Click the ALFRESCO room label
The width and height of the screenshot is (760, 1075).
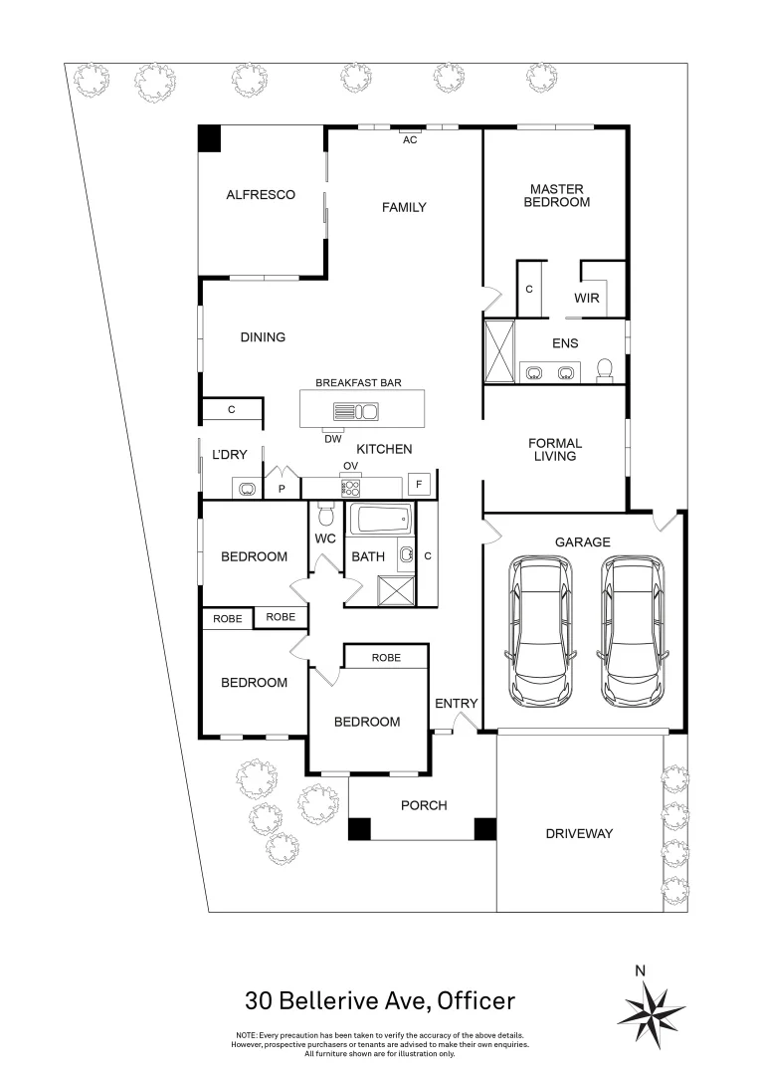(x=260, y=195)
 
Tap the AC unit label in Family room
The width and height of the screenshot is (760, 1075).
(x=409, y=140)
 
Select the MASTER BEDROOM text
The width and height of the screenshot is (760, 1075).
(x=557, y=195)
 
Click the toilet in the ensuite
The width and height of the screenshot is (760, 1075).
(x=603, y=370)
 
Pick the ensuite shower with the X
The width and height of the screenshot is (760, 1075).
(x=500, y=351)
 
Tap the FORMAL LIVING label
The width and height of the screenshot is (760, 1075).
(x=555, y=450)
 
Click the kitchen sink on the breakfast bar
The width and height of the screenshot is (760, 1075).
(x=355, y=410)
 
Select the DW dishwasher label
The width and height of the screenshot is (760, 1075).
(x=332, y=438)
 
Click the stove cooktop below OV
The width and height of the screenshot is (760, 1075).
(x=350, y=488)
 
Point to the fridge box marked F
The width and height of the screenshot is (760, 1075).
(x=419, y=485)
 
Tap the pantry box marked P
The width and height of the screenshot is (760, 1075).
(x=282, y=489)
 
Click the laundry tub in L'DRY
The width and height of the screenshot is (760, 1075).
(x=245, y=488)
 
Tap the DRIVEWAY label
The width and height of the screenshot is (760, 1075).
(x=579, y=833)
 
